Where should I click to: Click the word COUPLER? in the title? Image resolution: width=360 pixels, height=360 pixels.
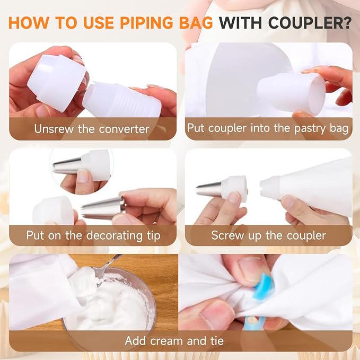tap(310, 23)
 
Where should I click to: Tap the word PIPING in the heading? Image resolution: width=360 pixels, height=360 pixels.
tap(146, 23)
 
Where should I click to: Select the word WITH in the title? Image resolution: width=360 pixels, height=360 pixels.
tap(240, 23)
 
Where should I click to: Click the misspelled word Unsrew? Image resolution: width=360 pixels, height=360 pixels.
tap(54, 128)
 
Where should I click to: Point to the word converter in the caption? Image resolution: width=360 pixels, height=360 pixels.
tap(124, 129)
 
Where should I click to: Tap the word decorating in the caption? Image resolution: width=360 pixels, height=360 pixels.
tap(115, 236)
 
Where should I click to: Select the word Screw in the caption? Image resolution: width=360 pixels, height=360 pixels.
tap(227, 235)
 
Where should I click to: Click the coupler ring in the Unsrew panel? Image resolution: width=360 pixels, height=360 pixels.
tap(57, 83)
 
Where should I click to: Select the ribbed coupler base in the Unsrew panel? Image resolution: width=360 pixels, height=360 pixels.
tap(122, 100)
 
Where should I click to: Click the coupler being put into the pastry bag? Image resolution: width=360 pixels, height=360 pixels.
tap(291, 93)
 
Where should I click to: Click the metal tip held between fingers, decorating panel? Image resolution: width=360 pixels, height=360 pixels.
tap(103, 208)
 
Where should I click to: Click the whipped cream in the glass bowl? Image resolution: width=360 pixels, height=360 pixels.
tap(108, 303)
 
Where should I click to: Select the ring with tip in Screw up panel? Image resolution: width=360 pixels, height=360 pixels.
tap(222, 189)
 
